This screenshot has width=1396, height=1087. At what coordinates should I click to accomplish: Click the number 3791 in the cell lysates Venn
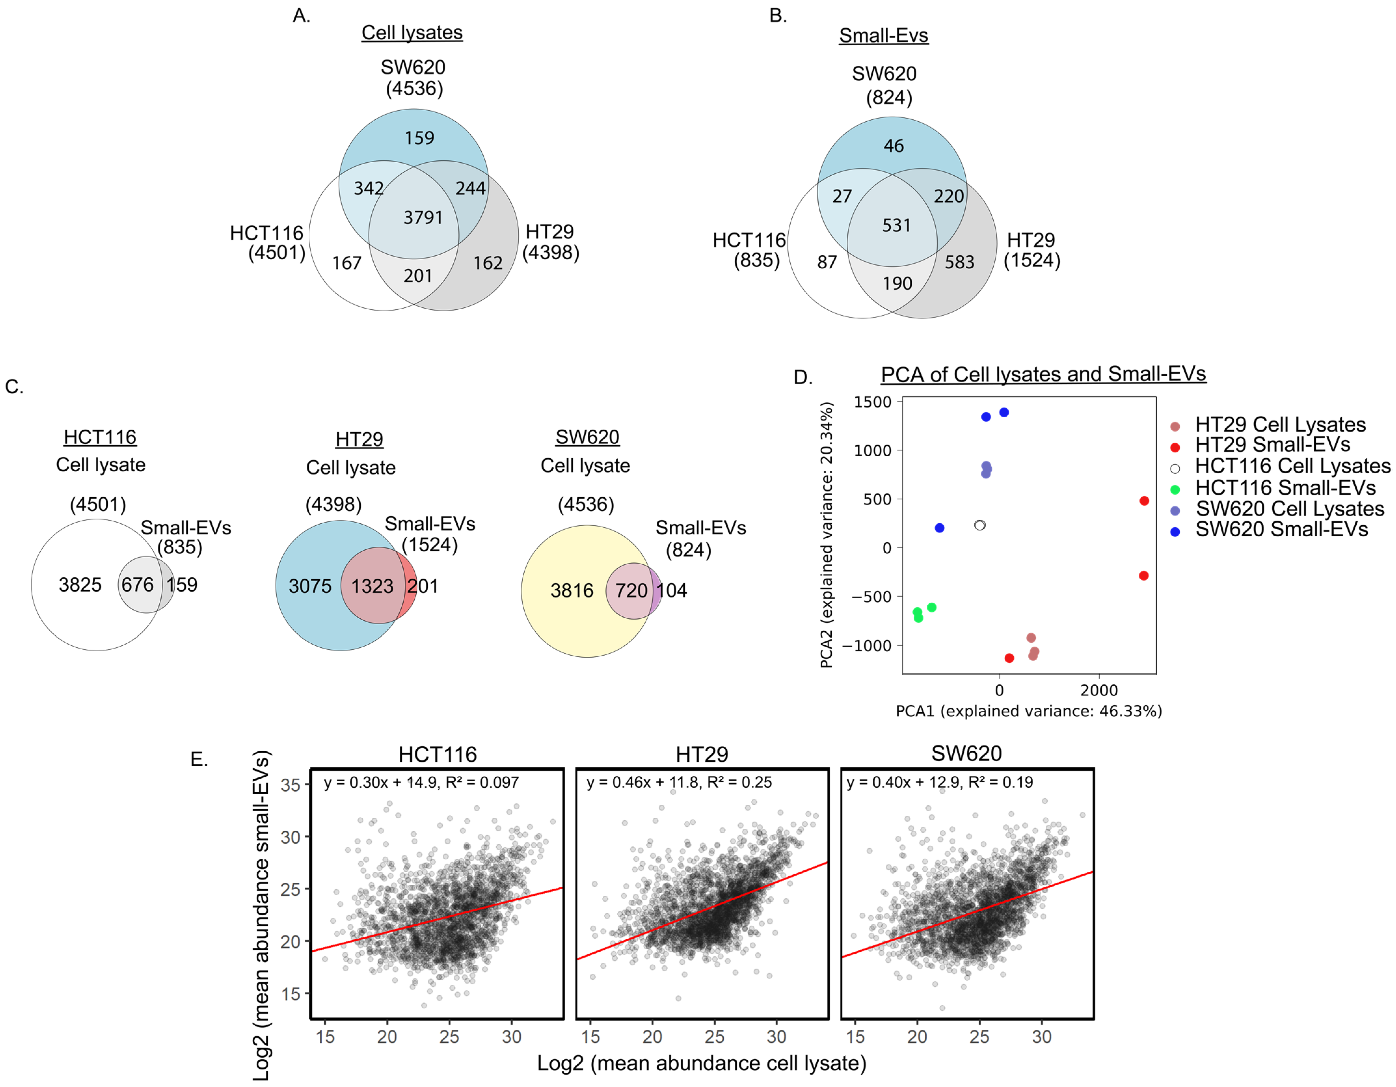(423, 218)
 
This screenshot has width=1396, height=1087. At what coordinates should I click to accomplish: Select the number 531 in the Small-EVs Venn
(896, 226)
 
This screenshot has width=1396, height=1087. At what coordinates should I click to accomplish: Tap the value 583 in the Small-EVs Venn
(960, 262)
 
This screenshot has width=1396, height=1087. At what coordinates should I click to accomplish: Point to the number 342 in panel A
(369, 189)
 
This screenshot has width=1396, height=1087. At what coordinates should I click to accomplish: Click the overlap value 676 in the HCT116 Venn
(138, 585)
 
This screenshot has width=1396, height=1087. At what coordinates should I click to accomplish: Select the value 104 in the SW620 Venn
(672, 590)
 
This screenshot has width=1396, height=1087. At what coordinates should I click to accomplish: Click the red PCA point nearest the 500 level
(1144, 501)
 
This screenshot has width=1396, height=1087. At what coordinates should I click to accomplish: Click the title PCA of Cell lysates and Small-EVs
(1043, 374)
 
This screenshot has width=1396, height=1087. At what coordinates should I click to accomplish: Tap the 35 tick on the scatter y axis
(291, 785)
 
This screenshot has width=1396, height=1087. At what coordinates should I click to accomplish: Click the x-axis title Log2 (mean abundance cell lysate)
(701, 1063)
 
